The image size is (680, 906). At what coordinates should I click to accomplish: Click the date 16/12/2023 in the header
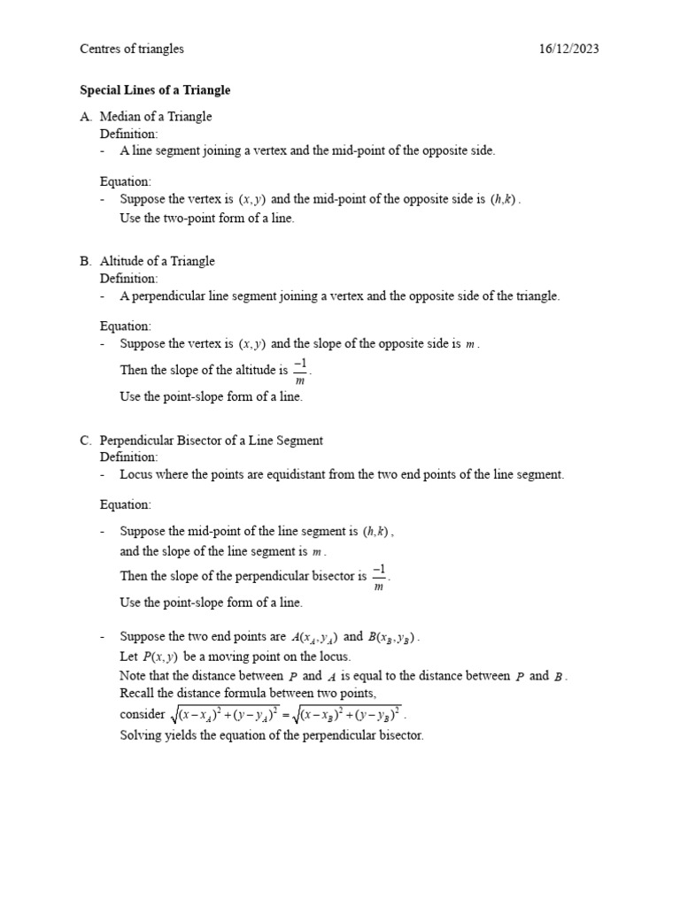[568, 50]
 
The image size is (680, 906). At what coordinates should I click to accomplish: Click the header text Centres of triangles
[132, 50]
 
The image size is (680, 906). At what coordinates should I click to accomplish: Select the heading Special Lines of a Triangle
[155, 90]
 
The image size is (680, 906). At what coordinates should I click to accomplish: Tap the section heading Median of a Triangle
[156, 117]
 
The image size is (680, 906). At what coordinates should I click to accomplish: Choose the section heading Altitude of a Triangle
[157, 261]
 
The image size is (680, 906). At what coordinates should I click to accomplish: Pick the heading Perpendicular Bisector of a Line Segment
[211, 441]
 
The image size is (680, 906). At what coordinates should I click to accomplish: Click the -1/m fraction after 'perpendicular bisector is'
[379, 576]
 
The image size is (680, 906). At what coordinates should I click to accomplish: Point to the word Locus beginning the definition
[136, 474]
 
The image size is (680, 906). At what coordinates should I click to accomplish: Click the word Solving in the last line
[140, 735]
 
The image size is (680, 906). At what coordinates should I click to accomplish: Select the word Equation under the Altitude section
[125, 326]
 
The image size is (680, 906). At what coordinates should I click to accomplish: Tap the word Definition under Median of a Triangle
[128, 134]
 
